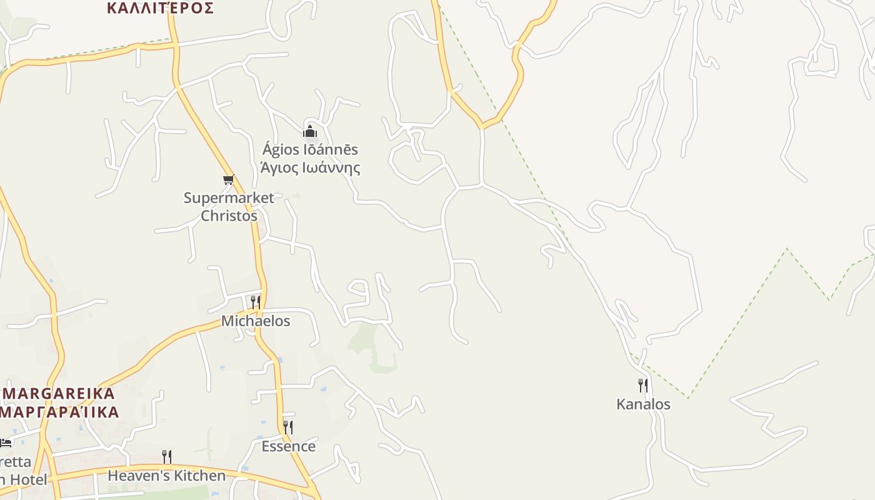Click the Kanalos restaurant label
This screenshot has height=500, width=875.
coord(643,404)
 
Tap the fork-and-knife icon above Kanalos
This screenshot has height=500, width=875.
coord(643,385)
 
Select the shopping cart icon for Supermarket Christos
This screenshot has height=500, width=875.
coord(229,180)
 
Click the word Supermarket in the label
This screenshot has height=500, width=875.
coord(229,198)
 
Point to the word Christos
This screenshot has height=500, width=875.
coord(229,216)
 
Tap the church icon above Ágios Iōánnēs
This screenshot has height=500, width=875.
coord(310,131)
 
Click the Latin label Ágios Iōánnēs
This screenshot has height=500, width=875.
coord(310,149)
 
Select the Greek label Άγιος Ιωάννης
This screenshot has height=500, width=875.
coord(310,167)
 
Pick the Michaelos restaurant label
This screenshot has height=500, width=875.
coord(256,321)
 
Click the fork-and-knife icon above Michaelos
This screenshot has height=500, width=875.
coord(256,302)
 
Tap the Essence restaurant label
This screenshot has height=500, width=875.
coord(288,446)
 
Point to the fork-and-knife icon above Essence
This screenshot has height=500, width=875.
coord(288,427)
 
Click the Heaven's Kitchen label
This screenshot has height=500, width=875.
coord(166,476)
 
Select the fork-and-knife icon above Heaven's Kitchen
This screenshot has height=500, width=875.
coord(167,457)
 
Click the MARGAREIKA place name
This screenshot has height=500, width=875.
coord(59,394)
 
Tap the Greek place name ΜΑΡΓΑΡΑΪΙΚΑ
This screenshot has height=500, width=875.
coord(59,412)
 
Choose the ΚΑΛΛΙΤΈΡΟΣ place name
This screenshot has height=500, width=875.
coord(160,8)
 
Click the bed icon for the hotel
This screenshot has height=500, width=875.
coord(6,442)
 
